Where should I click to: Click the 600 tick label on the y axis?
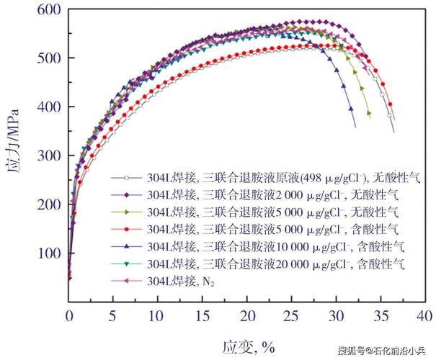pyautogui.click(x=49, y=10)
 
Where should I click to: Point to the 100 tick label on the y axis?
pyautogui.click(x=49, y=253)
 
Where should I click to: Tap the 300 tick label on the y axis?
pyautogui.click(x=49, y=156)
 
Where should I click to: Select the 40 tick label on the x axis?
pyautogui.click(x=424, y=316)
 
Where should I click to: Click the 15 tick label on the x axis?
pyautogui.click(x=203, y=316)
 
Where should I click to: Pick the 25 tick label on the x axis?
pyautogui.click(x=291, y=316)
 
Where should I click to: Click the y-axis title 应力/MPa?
pyautogui.click(x=12, y=140)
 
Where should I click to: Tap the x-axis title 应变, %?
pyautogui.click(x=249, y=347)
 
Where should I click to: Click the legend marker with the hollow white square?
pyautogui.click(x=127, y=178)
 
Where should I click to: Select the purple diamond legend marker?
pyautogui.click(x=127, y=195)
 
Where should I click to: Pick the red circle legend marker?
pyautogui.click(x=127, y=230)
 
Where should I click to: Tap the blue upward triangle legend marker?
pyautogui.click(x=127, y=246)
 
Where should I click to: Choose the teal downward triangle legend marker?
pyautogui.click(x=127, y=264)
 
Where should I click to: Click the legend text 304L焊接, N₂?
pyautogui.click(x=181, y=282)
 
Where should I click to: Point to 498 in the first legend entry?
pyautogui.click(x=312, y=178)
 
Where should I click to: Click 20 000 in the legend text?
pyautogui.click(x=293, y=264)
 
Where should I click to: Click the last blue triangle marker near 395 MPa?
pyautogui.click(x=351, y=109)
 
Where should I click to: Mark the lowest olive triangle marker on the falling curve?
pyautogui.click(x=369, y=113)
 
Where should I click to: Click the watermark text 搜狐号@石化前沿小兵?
pyautogui.click(x=381, y=351)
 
